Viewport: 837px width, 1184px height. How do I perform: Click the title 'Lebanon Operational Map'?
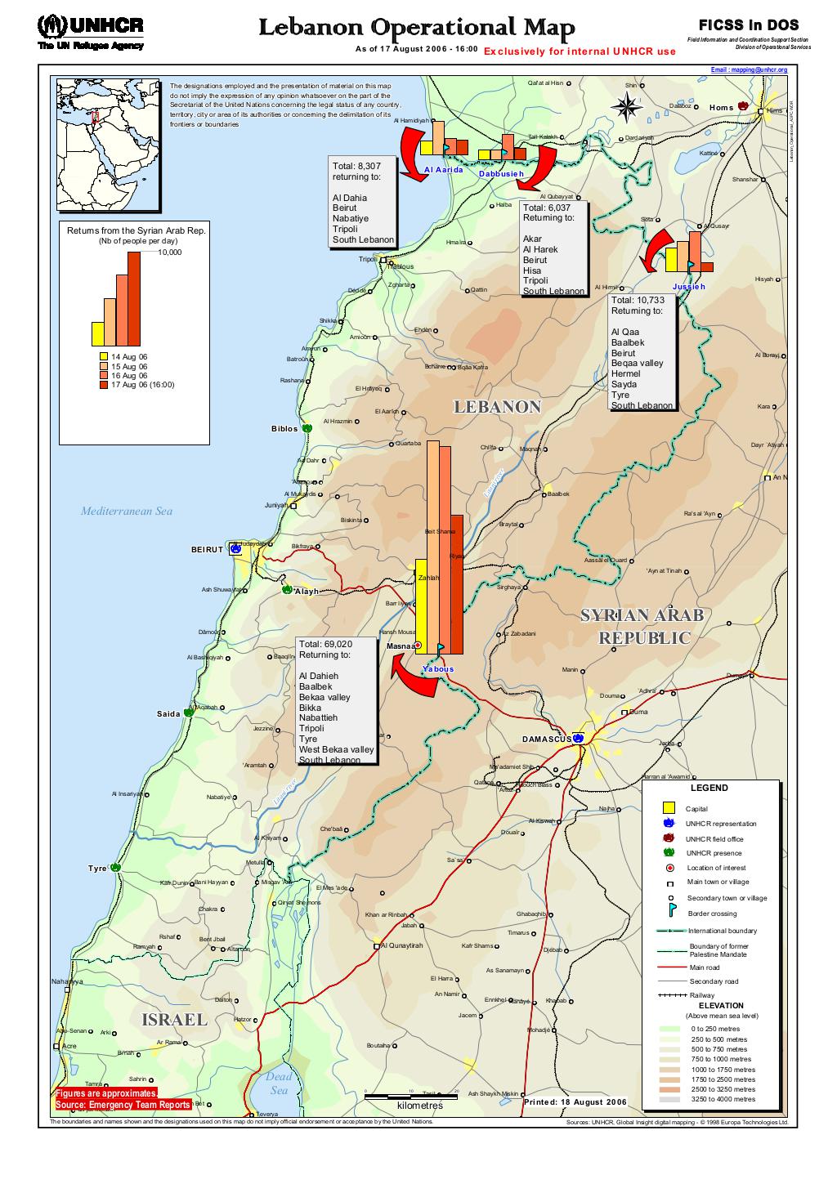(x=417, y=29)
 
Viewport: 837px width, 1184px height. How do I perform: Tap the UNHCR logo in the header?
(x=90, y=31)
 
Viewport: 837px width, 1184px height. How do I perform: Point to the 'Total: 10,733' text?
(x=638, y=300)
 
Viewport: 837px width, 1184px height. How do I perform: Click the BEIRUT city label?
(x=207, y=550)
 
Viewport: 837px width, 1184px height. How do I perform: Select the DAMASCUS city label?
(x=546, y=739)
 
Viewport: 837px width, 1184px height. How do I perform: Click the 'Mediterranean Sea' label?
(x=127, y=512)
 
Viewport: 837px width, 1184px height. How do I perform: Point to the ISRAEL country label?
(x=174, y=1020)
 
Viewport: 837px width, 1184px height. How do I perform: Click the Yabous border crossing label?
(x=437, y=669)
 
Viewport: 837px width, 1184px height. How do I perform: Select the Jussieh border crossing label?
(x=687, y=288)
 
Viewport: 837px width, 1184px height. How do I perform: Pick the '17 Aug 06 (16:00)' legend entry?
(x=143, y=385)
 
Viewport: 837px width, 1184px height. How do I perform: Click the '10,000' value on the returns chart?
(x=169, y=252)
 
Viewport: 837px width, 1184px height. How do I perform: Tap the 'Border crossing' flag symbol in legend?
(x=669, y=912)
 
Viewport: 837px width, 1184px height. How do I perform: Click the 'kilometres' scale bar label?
(x=419, y=1106)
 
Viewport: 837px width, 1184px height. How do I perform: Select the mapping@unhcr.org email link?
(x=749, y=70)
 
